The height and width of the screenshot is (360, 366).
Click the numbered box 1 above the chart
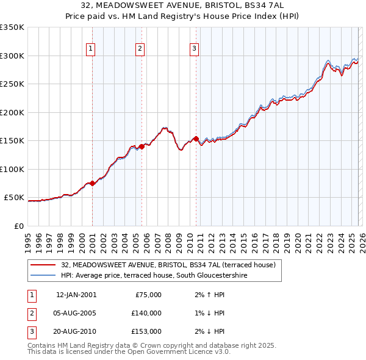point(90,49)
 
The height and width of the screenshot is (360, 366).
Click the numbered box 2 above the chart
point(140,49)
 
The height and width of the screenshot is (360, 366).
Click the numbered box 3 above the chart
point(194,49)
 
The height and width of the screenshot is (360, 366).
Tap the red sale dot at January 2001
point(92,183)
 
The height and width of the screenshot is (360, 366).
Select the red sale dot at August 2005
point(142,146)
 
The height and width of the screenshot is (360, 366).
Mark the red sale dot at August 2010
point(196,139)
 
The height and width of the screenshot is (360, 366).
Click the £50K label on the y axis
point(14,198)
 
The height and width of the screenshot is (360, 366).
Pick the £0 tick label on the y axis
point(19,226)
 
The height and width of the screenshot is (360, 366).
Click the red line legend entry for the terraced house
point(168,265)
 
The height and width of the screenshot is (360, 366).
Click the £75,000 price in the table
point(148,295)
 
